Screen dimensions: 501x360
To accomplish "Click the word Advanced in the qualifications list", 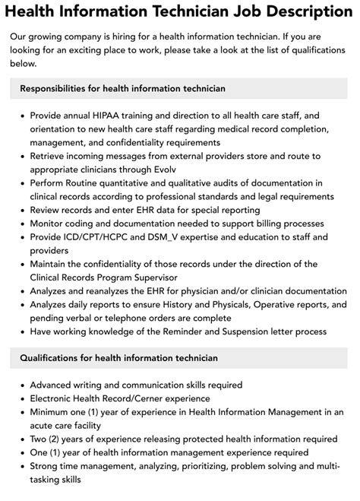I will (x=55, y=385).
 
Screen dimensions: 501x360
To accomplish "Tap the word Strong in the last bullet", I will (x=47, y=465).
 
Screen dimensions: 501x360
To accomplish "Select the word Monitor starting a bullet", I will (x=51, y=224).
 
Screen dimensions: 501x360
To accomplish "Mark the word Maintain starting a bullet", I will (x=53, y=264).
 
